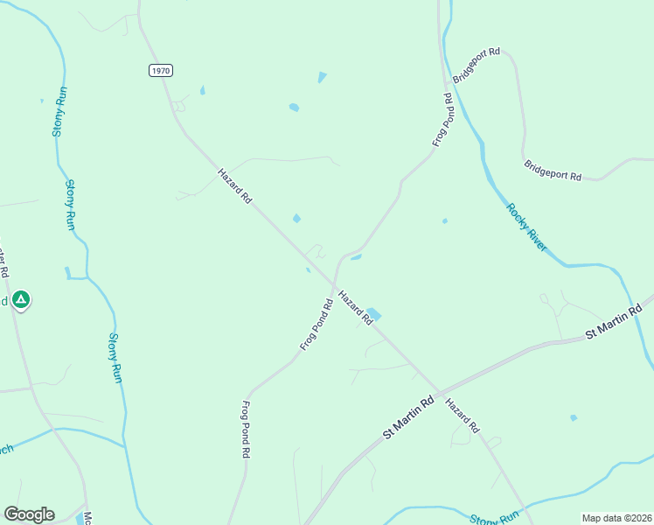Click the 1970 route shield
click(160, 71)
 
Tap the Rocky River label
click(527, 227)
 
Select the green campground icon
click(22, 300)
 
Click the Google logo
click(29, 514)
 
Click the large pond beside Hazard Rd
click(373, 313)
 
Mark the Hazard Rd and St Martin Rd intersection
click(439, 393)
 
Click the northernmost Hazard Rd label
click(234, 186)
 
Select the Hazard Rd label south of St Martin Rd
click(463, 416)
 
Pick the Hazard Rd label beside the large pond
click(356, 309)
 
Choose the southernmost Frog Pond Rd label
click(246, 430)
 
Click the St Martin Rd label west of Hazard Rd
click(408, 419)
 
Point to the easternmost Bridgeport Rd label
click(553, 170)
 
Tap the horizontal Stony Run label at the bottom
click(495, 518)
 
